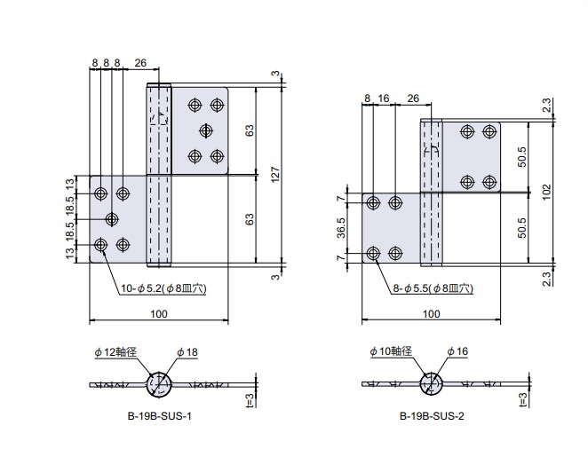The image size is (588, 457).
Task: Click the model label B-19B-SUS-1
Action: [160, 415]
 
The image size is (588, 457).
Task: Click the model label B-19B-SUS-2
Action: [432, 415]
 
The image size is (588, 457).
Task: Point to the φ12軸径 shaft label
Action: [115, 352]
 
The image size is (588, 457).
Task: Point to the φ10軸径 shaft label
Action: [390, 352]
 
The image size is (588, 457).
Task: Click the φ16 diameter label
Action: [457, 352]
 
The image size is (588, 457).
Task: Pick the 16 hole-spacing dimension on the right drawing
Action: [384, 98]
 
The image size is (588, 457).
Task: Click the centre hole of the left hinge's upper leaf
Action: [206, 130]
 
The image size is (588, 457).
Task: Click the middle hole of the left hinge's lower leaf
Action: [113, 218]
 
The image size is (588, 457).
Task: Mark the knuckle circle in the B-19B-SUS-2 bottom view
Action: [431, 384]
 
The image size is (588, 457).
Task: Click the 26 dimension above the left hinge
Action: [140, 63]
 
